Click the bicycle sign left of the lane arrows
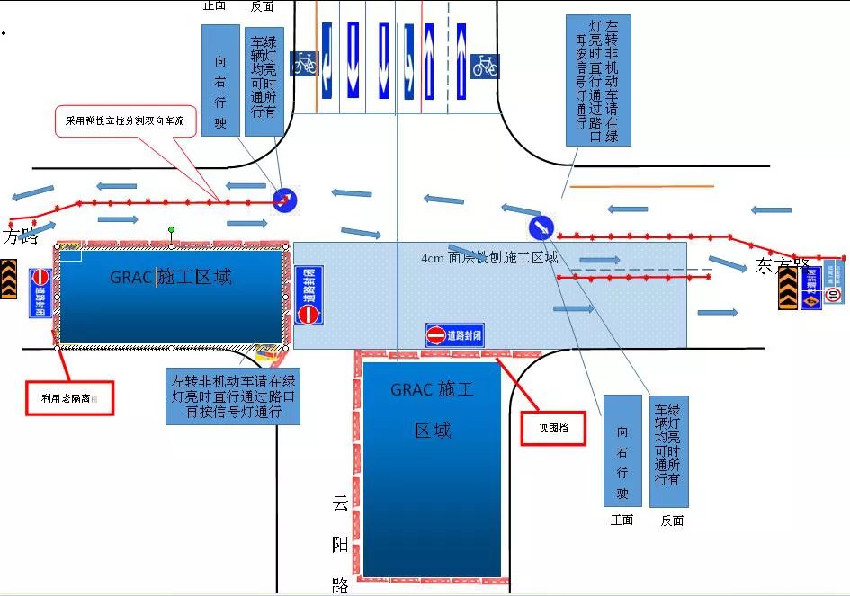pyautogui.click(x=304, y=63)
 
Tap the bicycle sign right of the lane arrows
pyautogui.click(x=485, y=65)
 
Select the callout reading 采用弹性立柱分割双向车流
pyautogui.click(x=126, y=120)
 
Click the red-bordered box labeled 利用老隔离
pyautogui.click(x=69, y=396)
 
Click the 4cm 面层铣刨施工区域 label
pyautogui.click(x=489, y=258)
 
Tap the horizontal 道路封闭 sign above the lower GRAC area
pyautogui.click(x=454, y=335)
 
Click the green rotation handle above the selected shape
pyautogui.click(x=171, y=231)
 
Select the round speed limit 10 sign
pyautogui.click(x=834, y=294)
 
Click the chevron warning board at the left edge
pyautogui.click(x=10, y=279)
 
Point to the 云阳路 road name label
pyautogui.click(x=340, y=544)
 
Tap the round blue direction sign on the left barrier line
pyautogui.click(x=285, y=201)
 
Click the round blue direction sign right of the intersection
pyautogui.click(x=541, y=226)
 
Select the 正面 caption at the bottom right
pyautogui.click(x=622, y=520)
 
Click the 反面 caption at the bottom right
pyautogui.click(x=672, y=520)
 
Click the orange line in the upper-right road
pyautogui.click(x=642, y=187)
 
